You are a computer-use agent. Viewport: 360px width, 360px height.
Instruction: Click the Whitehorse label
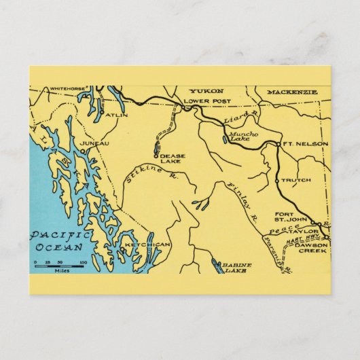(x=67, y=88)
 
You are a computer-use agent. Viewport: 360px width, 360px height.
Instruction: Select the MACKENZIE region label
(x=291, y=91)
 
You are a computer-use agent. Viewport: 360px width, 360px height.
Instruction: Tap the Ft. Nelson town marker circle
(x=278, y=144)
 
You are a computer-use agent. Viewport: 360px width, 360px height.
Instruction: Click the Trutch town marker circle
(x=278, y=180)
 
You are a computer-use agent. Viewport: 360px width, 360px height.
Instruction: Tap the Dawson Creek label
(x=311, y=247)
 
